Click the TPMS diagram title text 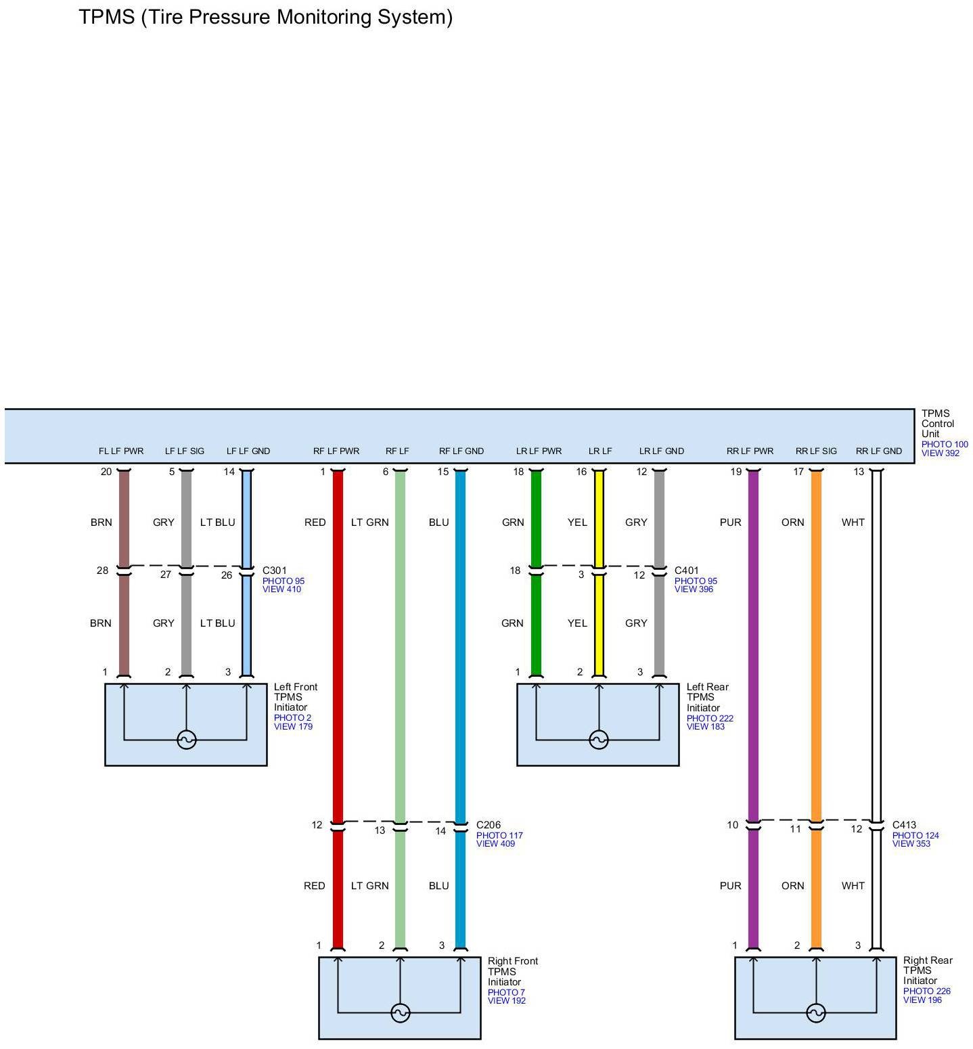pos(265,17)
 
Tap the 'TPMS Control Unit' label pos(937,424)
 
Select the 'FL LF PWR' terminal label pos(121,451)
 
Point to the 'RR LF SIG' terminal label pos(816,451)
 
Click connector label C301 pos(275,571)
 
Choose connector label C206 pos(489,825)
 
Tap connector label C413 pos(904,825)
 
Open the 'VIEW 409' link pos(495,844)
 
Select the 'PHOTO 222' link pos(710,718)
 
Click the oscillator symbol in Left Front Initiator pos(187,740)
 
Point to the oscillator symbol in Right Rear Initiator pos(816,1013)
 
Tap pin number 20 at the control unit pos(106,472)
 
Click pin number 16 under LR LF pos(581,472)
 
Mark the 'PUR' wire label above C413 pos(730,522)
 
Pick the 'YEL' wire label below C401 pos(577,623)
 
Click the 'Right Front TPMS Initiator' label pos(512,971)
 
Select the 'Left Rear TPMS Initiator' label pos(707,697)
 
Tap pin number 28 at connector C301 pos(102,571)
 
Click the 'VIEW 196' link pos(922,1000)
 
